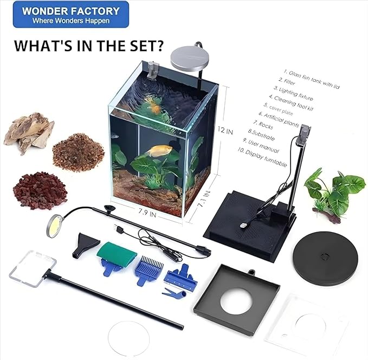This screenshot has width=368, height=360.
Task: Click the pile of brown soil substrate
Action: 79,152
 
